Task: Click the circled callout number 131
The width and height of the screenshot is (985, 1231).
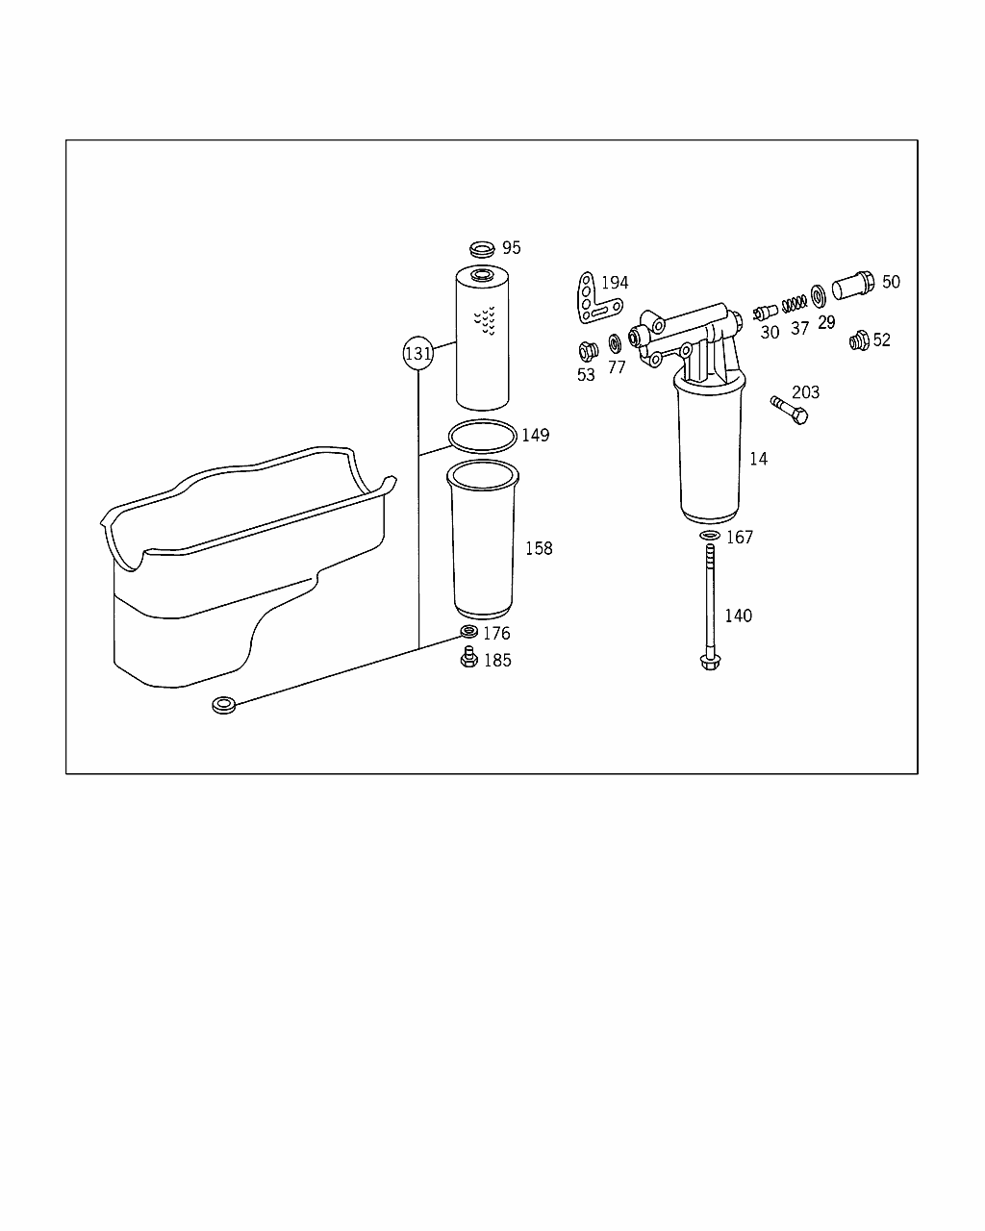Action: [417, 354]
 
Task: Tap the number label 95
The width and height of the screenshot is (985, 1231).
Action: [512, 248]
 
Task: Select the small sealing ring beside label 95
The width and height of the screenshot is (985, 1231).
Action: [482, 249]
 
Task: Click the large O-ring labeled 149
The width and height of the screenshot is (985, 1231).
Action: [483, 437]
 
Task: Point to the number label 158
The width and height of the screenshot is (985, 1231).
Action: [539, 548]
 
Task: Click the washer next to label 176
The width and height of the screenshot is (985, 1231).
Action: [468, 632]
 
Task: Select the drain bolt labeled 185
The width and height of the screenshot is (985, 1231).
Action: [468, 657]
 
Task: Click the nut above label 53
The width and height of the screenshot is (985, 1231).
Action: [588, 351]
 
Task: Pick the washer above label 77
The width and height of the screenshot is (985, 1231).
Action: [615, 343]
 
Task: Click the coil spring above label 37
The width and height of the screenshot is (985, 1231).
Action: [795, 303]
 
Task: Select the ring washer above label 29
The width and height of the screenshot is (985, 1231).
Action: [819, 296]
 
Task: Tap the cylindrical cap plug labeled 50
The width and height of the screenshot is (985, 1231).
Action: [853, 285]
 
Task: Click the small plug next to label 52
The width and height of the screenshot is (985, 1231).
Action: [859, 340]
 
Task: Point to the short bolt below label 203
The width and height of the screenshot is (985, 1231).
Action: [790, 410]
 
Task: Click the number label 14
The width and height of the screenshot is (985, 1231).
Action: [758, 459]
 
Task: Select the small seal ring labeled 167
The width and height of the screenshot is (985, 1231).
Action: [710, 536]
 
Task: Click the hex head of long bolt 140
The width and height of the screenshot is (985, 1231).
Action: [710, 663]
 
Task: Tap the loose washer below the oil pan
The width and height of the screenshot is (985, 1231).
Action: [224, 705]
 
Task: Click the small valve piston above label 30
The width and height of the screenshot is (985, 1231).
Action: [766, 313]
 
